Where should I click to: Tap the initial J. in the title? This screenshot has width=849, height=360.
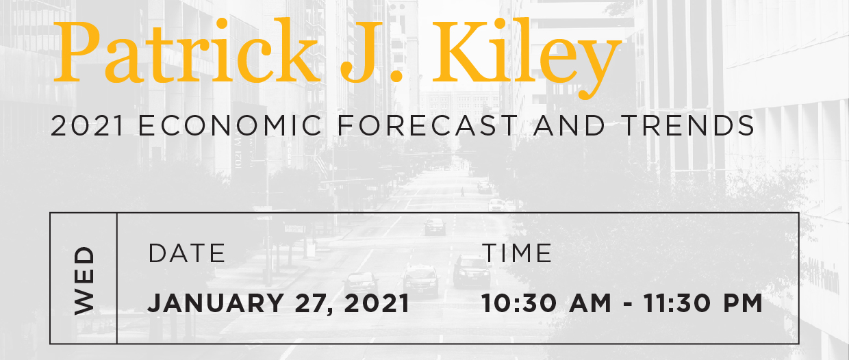click(372, 51)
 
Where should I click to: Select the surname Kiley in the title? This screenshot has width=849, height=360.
click(527, 57)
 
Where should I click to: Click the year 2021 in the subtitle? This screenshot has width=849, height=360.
click(87, 125)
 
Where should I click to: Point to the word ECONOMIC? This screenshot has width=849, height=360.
click(231, 125)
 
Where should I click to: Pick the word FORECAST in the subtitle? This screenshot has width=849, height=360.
click(427, 125)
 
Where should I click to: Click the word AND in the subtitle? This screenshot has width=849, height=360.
click(569, 125)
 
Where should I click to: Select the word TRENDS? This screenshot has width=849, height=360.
click(687, 125)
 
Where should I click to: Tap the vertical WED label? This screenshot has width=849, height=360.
click(84, 281)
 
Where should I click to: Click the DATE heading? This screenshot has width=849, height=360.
click(187, 253)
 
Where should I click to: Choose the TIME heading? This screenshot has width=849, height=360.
click(517, 253)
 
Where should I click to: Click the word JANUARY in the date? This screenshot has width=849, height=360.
click(215, 303)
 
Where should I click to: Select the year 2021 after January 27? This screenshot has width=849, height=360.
click(377, 303)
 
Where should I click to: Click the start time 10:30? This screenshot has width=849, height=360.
click(519, 303)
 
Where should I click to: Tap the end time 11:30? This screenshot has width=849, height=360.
click(678, 303)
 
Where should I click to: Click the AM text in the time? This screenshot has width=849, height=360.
click(590, 303)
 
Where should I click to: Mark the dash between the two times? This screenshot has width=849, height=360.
click(628, 305)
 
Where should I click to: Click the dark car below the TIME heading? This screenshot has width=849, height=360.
click(472, 271)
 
